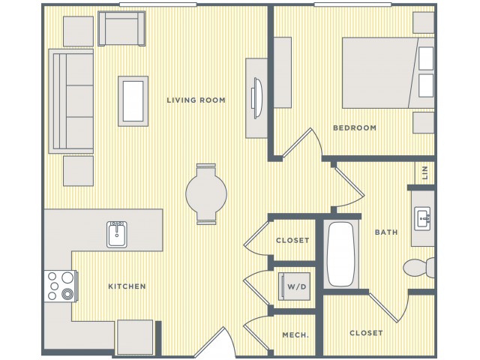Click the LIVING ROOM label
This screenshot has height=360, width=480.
point(196,100)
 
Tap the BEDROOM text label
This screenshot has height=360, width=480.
point(355,127)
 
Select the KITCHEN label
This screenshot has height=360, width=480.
point(127,286)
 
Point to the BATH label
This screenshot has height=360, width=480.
point(386,232)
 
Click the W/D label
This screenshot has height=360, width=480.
point(297,286)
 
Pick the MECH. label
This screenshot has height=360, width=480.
point(295,335)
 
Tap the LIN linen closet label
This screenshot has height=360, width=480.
point(424,172)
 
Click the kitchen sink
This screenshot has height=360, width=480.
point(117,235)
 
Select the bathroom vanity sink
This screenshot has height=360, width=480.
point(422,218)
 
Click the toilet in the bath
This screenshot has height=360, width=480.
point(418,268)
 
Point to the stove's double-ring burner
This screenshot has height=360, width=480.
point(67,294)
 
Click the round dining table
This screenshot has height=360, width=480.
point(206,193)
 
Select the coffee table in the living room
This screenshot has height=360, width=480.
point(133,101)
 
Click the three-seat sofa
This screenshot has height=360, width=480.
point(71,101)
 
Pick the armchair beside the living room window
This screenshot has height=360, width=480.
point(121,28)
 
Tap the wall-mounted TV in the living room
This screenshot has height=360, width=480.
point(257,98)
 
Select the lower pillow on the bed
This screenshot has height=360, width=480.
point(426,85)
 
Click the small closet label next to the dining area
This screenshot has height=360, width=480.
point(292,240)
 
